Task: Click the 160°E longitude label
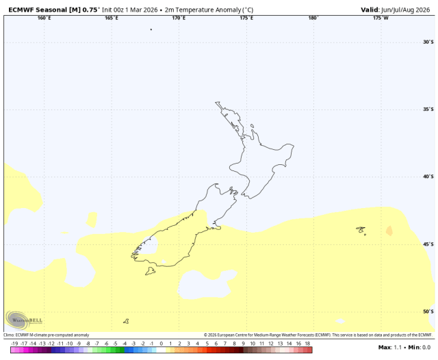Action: tap(44, 18)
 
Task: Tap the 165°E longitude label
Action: tap(112, 18)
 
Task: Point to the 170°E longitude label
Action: tap(179, 18)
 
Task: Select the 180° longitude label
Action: tap(313, 18)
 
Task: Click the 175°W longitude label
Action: tap(381, 18)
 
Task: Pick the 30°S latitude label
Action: tap(428, 42)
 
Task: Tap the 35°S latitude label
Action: tap(428, 110)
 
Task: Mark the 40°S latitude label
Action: tap(428, 177)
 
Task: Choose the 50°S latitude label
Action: tap(428, 311)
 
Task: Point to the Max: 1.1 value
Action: tap(390, 348)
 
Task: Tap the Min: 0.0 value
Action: tap(419, 348)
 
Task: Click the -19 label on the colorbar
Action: tap(14, 342)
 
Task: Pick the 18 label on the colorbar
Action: tap(307, 342)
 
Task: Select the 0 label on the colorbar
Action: tap(161, 342)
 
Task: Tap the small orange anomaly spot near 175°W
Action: tap(389, 231)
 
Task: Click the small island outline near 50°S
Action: tap(126, 321)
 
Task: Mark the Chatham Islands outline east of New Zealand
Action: tap(360, 230)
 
